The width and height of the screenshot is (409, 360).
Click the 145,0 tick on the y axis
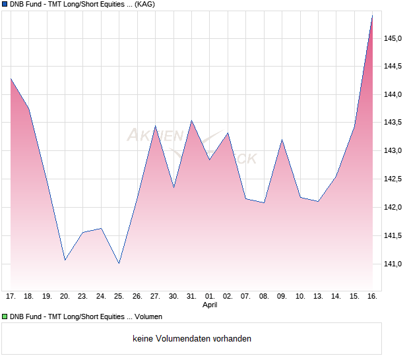click(x=394, y=38)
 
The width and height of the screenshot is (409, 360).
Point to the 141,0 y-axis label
click(x=394, y=264)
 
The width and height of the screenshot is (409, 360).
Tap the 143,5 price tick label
click(x=394, y=123)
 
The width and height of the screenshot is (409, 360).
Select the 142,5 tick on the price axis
click(x=394, y=179)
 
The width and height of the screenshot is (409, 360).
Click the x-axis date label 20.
click(x=65, y=296)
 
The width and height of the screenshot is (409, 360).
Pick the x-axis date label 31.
click(x=191, y=296)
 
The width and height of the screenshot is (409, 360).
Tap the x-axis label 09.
click(x=282, y=296)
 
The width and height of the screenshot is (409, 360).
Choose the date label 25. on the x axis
click(x=119, y=296)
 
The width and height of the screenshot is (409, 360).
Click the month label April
click(x=210, y=305)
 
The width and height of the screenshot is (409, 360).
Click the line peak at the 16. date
click(x=372, y=15)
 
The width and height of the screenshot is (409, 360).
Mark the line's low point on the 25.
click(x=119, y=263)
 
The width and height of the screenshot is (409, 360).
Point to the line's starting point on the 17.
click(x=11, y=78)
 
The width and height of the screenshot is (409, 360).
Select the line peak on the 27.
click(x=155, y=126)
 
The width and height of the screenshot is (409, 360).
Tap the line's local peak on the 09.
click(x=282, y=140)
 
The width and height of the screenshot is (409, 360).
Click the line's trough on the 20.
click(x=65, y=260)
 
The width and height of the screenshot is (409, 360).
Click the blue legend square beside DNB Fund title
click(x=5, y=4)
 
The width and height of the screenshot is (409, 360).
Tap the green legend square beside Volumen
click(x=5, y=317)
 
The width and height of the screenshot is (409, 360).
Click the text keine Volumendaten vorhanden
click(x=192, y=339)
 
